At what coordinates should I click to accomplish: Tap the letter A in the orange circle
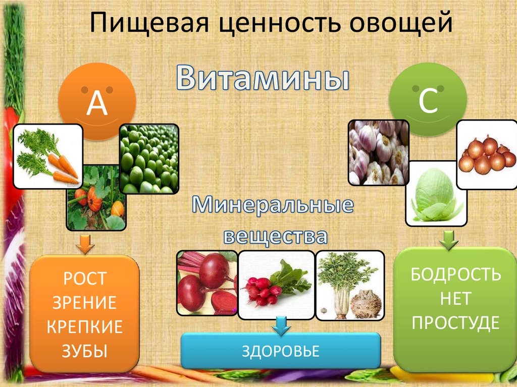(97, 103)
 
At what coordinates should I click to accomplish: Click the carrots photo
(48, 156)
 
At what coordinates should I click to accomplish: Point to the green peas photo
(149, 158)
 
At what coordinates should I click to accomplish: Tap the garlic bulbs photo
(379, 152)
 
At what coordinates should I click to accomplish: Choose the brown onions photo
(486, 154)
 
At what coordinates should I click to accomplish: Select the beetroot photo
(207, 283)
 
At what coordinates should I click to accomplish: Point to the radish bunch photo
(276, 285)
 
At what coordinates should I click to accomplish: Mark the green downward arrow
(449, 240)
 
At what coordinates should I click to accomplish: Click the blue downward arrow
(281, 326)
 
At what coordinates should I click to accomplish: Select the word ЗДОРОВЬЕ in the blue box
(281, 351)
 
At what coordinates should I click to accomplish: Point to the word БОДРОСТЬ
(456, 274)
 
